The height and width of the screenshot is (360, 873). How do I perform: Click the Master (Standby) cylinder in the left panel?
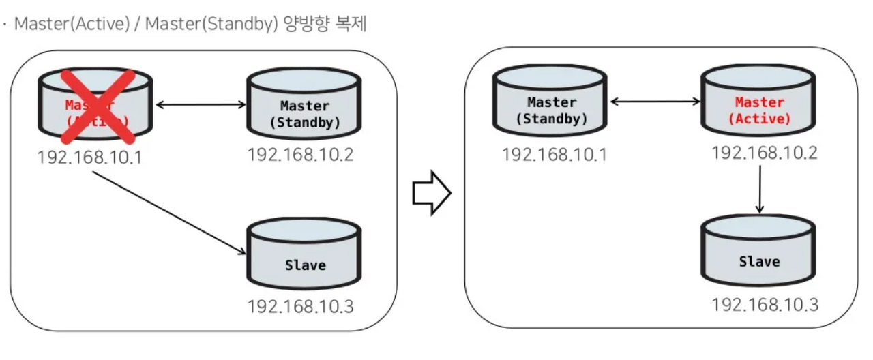click(304, 107)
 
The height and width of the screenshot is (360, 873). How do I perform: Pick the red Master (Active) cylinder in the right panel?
click(759, 103)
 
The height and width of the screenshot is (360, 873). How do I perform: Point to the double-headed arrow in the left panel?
click(201, 105)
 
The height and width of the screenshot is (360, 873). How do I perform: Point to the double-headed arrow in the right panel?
click(655, 102)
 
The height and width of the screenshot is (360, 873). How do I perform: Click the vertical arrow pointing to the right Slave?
click(759, 190)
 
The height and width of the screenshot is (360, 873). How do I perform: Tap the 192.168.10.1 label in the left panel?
click(89, 157)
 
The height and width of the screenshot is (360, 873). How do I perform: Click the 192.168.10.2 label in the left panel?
click(300, 155)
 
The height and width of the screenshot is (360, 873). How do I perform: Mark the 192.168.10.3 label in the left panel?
click(300, 306)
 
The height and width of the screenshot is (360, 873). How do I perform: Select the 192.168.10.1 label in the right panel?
click(554, 155)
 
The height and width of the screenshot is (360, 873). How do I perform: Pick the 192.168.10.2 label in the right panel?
click(764, 153)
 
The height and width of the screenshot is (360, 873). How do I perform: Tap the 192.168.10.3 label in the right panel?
click(764, 304)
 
